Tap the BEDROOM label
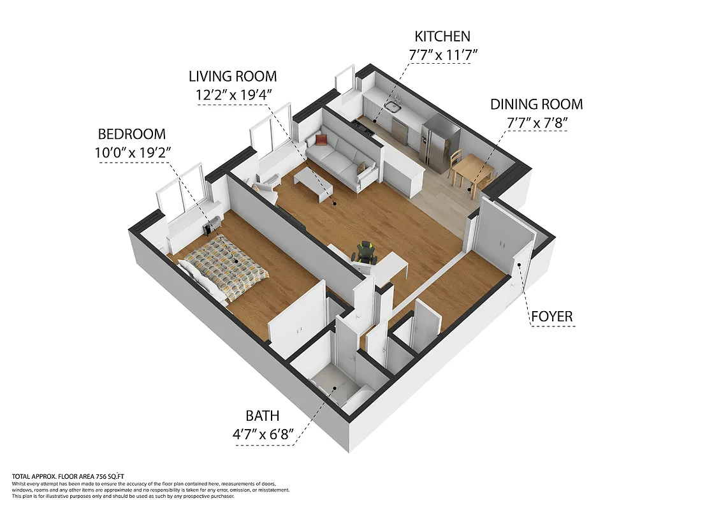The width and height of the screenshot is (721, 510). pos(131,134)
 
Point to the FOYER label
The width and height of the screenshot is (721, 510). pos(552,316)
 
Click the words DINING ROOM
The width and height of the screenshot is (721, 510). pos(536,104)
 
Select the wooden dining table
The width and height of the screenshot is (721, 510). pos(472,169)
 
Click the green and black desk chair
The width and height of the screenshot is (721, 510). pos(365,252)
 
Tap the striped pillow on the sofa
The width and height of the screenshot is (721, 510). pos(362,168)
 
